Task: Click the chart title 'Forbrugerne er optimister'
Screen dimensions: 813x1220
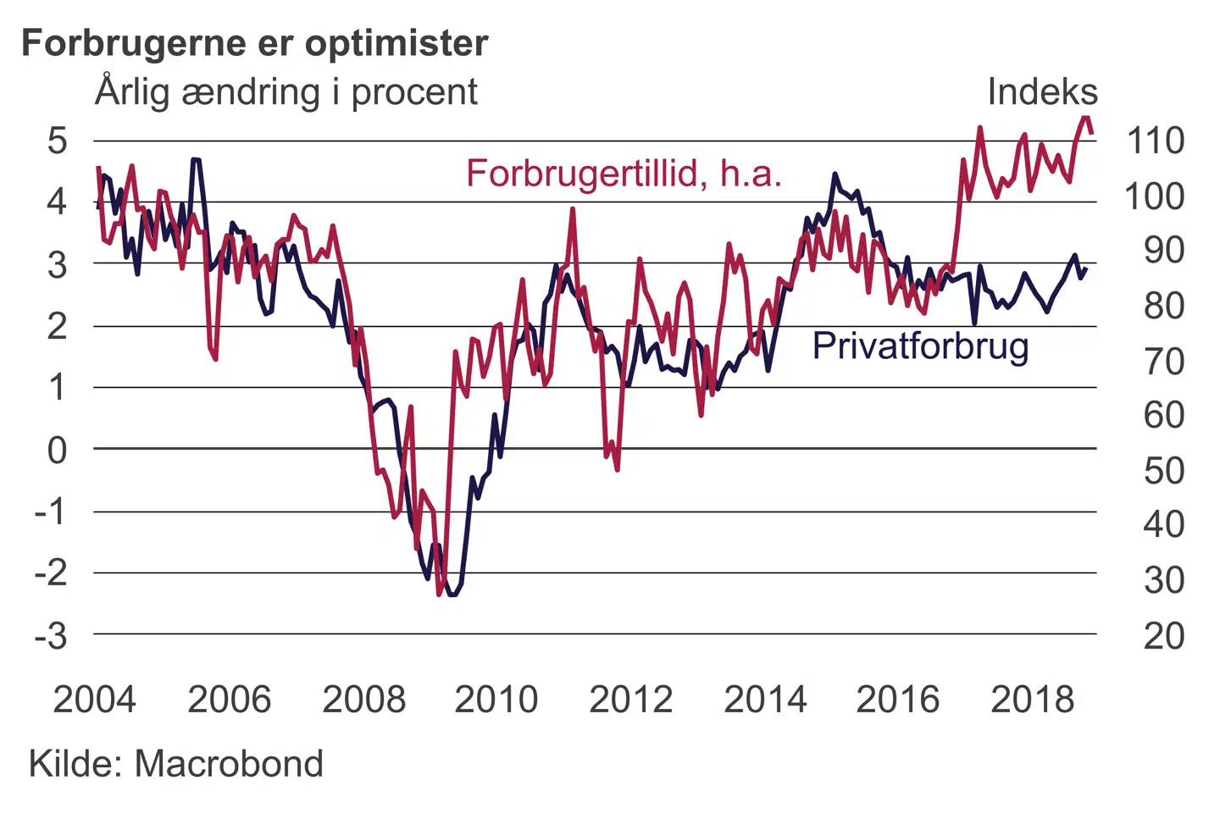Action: pos(255,42)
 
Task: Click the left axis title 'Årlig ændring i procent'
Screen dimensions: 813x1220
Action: pos(286,91)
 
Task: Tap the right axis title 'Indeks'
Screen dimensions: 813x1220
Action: pos(1042,91)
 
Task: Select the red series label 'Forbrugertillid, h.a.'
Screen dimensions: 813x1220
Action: pos(624,174)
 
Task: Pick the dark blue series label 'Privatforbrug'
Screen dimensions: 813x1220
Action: pos(920,346)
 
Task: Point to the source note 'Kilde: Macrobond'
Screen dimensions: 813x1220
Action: pos(176,764)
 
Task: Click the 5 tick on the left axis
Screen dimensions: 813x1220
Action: pos(57,141)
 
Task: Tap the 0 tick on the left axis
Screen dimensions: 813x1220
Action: pos(57,450)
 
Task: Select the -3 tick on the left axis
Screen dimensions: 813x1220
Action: pos(51,635)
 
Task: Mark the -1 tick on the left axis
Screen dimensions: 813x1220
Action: pos(51,512)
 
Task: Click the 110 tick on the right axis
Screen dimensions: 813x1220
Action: pos(1155,141)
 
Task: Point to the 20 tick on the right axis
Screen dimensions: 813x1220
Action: pos(1164,636)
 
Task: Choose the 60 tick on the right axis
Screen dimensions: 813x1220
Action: pos(1164,416)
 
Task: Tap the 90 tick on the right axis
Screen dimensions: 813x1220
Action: pos(1164,251)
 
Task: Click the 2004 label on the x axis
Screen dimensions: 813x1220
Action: pos(94,700)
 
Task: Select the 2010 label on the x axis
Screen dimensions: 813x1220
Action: pos(496,700)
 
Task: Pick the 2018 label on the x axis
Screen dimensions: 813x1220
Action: pos(1032,700)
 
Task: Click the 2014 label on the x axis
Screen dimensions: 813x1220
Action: pos(765,700)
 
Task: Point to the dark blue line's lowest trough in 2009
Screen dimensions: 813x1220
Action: pos(452,595)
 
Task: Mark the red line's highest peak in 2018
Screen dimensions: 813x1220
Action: pos(1086,119)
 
